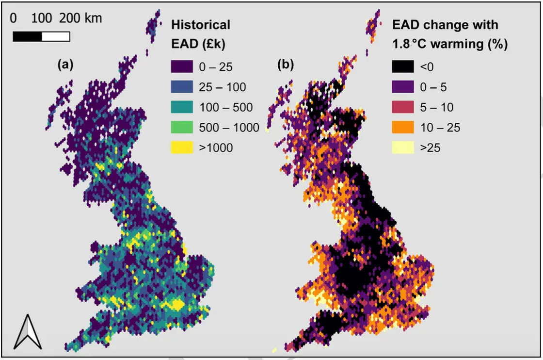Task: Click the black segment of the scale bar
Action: (27, 36)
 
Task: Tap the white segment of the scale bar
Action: (56, 36)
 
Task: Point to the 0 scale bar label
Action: (13, 18)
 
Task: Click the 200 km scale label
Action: (81, 18)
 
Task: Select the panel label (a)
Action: (65, 64)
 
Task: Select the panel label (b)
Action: (285, 64)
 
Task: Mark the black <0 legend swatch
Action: (402, 67)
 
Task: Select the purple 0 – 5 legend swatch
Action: (402, 87)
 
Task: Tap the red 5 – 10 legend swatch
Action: (402, 107)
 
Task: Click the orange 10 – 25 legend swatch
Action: (402, 128)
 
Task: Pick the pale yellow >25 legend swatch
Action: (402, 147)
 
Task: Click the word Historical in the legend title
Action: (201, 24)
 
